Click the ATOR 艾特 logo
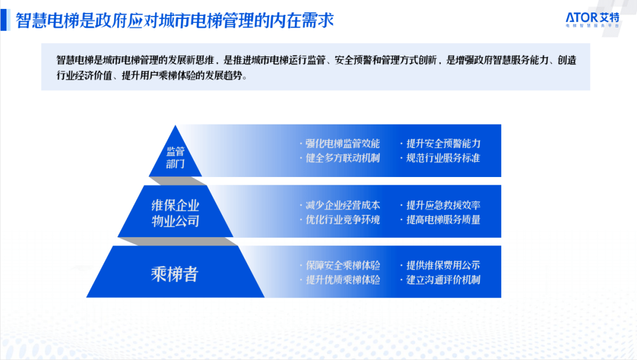click(592, 19)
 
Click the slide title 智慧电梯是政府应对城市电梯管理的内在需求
click(175, 20)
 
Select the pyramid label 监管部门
click(175, 158)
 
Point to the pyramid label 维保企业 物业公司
click(175, 213)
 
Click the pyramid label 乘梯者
click(175, 274)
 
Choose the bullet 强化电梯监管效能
click(343, 143)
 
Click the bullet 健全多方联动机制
click(343, 158)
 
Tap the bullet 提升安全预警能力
click(443, 143)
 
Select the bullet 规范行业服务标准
click(443, 158)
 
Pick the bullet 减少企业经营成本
click(343, 205)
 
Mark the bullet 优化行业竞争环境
click(343, 220)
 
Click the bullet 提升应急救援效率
click(443, 205)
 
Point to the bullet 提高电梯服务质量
click(443, 220)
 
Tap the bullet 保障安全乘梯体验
click(343, 266)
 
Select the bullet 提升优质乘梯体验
click(343, 280)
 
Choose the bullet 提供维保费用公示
click(443, 266)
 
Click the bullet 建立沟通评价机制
click(443, 280)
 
